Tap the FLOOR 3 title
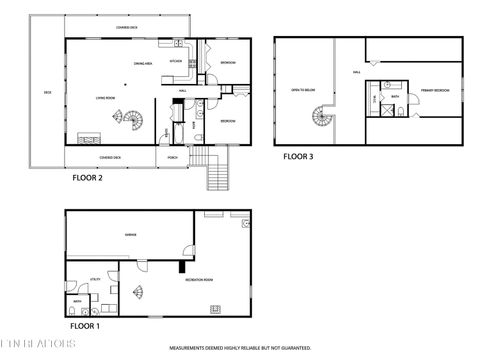(298, 157)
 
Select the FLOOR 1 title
(84, 326)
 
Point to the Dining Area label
(143, 63)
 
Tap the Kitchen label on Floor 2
(175, 62)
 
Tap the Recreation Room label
(198, 280)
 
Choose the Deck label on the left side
(46, 94)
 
